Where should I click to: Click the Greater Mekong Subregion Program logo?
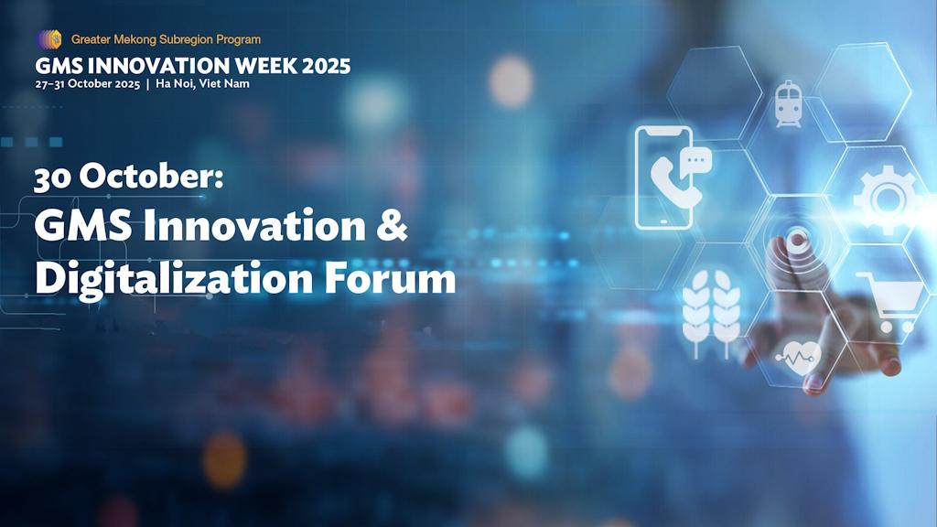(48, 39)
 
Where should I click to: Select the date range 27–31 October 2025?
(87, 84)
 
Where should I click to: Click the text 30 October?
(128, 177)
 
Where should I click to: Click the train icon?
(787, 102)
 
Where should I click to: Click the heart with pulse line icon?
(793, 355)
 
